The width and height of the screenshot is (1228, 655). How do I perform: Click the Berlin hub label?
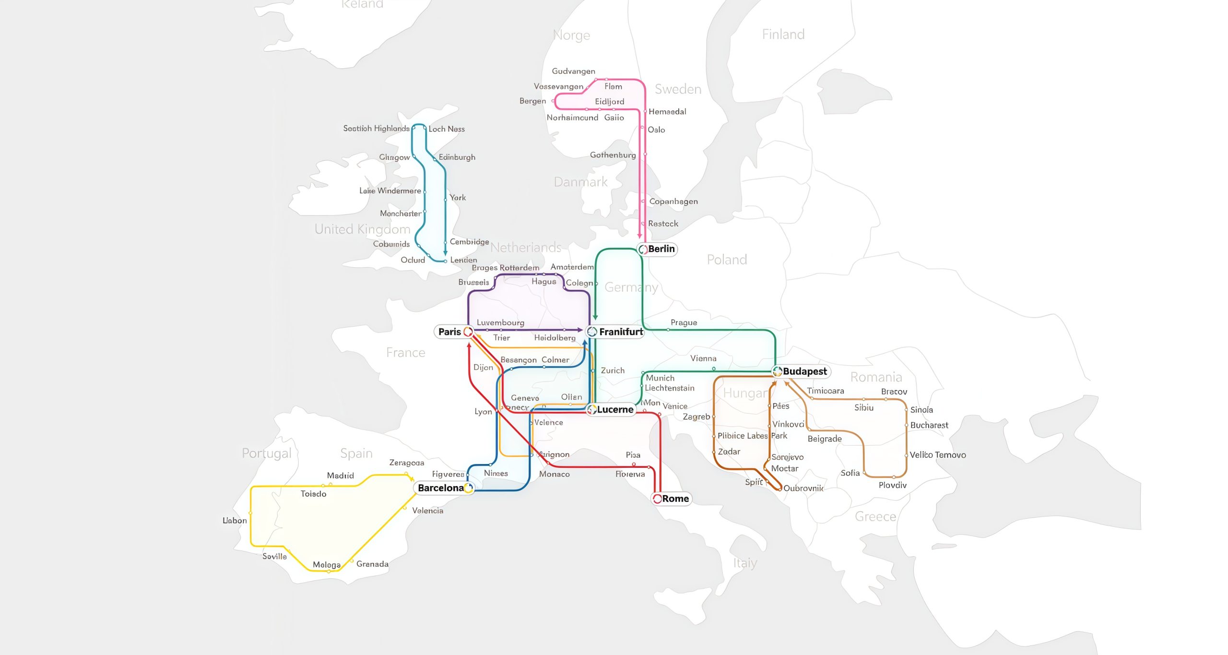point(661,249)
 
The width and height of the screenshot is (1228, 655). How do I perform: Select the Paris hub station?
point(468,332)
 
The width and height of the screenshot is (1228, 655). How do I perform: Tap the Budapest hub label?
point(804,371)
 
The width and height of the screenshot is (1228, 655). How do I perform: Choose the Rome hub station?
point(657,499)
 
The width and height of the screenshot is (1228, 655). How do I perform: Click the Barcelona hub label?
point(440,488)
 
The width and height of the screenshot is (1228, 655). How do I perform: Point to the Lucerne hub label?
point(614,410)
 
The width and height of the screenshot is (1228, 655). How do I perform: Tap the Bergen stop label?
point(532,101)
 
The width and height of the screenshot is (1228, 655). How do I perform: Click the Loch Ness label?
point(446,129)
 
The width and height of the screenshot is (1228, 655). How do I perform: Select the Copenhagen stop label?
point(673,202)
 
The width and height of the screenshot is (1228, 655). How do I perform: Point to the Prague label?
point(684,322)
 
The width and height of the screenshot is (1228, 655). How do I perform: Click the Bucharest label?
point(929,425)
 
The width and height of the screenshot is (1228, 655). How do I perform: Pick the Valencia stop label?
point(427,511)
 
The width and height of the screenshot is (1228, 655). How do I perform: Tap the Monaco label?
point(554,474)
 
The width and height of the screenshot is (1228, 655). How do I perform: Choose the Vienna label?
point(703,358)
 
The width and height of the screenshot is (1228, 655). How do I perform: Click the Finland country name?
point(783,35)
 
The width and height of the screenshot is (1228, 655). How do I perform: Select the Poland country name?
point(727,260)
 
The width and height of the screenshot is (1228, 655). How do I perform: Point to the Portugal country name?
point(266,453)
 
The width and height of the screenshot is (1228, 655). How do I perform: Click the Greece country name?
point(875,517)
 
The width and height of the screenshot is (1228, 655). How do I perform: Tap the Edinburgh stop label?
point(457,157)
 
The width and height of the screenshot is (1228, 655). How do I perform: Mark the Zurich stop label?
point(613,370)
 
